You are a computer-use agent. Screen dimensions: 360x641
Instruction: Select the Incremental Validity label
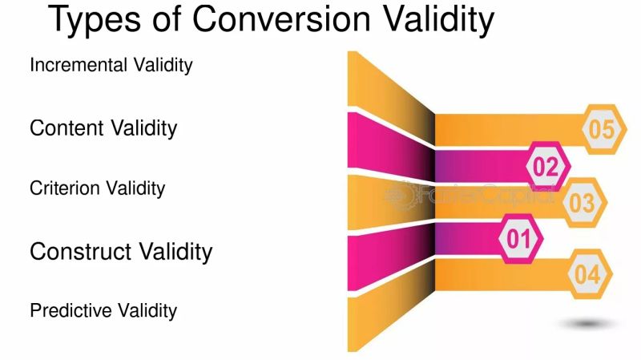pyautogui.click(x=111, y=65)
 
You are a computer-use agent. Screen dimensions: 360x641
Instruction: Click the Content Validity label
pyautogui.click(x=103, y=127)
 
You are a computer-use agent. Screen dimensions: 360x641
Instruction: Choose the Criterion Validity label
pyautogui.click(x=97, y=188)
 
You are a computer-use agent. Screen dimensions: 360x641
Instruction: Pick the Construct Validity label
pyautogui.click(x=121, y=251)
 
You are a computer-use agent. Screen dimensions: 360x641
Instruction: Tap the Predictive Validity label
pyautogui.click(x=103, y=310)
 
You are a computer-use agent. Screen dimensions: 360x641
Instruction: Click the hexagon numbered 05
pyautogui.click(x=605, y=129)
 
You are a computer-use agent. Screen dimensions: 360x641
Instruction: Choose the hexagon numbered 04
pyautogui.click(x=587, y=275)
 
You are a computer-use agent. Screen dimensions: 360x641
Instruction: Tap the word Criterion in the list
pyautogui.click(x=64, y=188)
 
